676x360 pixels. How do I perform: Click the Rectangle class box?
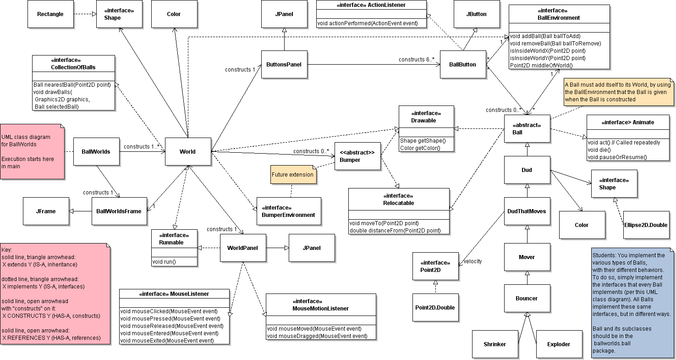pyautogui.click(x=50, y=14)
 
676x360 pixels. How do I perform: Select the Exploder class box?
pyautogui.click(x=559, y=344)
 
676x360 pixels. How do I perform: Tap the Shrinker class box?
pyautogui.click(x=495, y=344)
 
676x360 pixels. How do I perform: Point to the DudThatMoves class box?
pyautogui.click(x=527, y=211)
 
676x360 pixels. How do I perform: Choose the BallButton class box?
pyautogui.click(x=462, y=65)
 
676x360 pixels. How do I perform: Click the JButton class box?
pyautogui.click(x=476, y=14)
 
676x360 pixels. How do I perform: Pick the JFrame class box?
pyautogui.click(x=46, y=211)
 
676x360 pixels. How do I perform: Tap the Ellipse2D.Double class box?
pyautogui.click(x=645, y=225)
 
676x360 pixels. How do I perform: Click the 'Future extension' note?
pyautogui.click(x=293, y=175)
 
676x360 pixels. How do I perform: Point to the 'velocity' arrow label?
pyautogui.click(x=473, y=261)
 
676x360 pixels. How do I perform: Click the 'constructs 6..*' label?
pyautogui.click(x=416, y=60)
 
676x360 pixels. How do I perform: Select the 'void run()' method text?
pyautogui.click(x=165, y=262)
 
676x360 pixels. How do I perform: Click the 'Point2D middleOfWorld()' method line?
pyautogui.click(x=541, y=66)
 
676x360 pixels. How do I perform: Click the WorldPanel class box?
pyautogui.click(x=242, y=248)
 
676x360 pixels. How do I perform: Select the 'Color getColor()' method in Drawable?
pyautogui.click(x=420, y=148)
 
